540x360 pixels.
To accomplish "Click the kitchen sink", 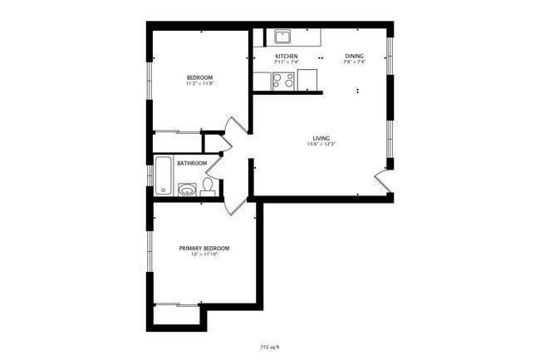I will [283, 37].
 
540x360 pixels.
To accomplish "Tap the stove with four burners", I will [283, 81].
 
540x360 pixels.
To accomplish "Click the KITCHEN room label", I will [287, 56].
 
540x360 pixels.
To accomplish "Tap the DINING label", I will [354, 56].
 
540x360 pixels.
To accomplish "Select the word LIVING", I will [322, 138].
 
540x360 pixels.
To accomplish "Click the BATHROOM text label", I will [192, 163].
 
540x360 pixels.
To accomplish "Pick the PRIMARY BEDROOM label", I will [204, 248].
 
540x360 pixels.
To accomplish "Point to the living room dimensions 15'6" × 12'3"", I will [322, 145].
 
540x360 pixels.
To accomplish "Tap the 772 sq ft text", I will [270, 346].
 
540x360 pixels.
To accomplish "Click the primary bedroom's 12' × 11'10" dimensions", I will [204, 254].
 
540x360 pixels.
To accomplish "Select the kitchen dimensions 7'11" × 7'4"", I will [287, 62].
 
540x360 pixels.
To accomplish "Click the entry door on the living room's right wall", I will [383, 181].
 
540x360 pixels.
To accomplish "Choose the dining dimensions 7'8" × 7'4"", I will [354, 62].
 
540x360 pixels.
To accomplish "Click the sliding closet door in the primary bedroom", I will [176, 304].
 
